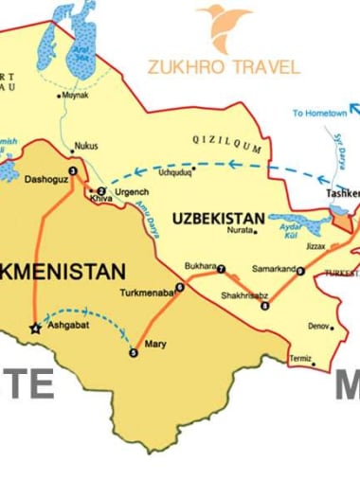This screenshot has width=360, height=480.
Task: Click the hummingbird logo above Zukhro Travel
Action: (224, 26)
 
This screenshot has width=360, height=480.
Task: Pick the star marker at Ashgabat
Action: (36, 329)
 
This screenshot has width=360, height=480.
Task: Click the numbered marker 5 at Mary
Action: (134, 353)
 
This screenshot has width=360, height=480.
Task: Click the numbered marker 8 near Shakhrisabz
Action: (265, 305)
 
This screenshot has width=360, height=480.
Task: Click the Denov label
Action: (320, 326)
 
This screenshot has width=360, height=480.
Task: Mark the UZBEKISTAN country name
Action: (218, 218)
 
